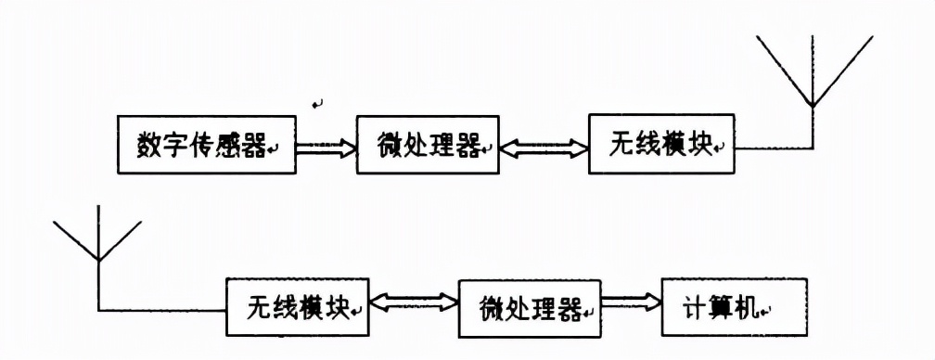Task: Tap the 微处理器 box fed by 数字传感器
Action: [x=428, y=145]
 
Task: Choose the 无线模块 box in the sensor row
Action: [x=660, y=145]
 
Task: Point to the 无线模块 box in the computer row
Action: [x=297, y=308]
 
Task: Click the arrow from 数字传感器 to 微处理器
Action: [x=326, y=146]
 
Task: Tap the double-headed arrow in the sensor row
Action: [x=543, y=146]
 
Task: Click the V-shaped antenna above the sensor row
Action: [x=813, y=71]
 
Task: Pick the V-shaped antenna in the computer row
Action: [x=97, y=243]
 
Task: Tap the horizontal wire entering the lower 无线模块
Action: [x=162, y=309]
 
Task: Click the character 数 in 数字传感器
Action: [x=149, y=146]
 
